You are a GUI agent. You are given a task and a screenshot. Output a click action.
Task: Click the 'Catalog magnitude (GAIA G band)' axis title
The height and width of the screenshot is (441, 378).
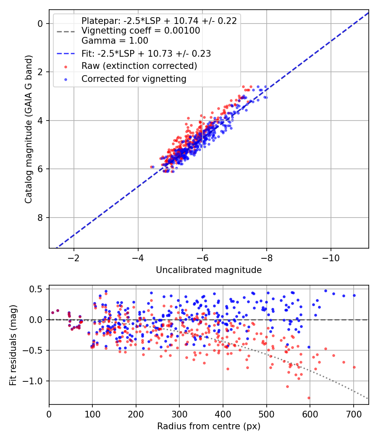click(29, 129)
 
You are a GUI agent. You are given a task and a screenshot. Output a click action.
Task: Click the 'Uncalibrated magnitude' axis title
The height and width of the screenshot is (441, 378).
click(209, 270)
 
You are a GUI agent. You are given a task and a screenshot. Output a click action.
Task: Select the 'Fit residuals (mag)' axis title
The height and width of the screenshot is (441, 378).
click(13, 345)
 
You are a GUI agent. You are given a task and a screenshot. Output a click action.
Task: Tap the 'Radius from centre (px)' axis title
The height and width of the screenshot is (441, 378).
click(209, 426)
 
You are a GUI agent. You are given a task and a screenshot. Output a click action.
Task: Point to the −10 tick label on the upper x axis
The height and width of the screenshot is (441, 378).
click(331, 258)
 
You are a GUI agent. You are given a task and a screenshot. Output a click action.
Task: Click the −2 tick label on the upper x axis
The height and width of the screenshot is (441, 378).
click(73, 258)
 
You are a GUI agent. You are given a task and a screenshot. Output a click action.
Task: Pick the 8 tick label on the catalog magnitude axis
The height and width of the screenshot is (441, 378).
click(40, 218)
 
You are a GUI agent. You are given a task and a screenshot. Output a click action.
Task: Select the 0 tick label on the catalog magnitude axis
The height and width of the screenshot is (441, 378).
click(40, 24)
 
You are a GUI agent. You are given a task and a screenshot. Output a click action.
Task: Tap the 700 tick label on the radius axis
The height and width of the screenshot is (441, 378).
click(353, 414)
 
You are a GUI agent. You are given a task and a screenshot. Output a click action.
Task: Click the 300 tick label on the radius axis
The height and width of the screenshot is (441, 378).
click(179, 414)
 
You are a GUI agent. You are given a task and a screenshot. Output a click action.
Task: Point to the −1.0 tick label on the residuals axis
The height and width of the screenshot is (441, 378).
click(33, 381)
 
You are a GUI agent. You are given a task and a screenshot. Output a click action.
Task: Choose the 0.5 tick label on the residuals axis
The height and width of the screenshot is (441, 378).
click(37, 289)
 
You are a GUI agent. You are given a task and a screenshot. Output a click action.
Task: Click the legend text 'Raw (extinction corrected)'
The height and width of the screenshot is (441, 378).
click(139, 66)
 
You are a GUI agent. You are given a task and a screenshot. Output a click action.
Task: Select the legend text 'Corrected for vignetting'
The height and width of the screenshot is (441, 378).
click(134, 79)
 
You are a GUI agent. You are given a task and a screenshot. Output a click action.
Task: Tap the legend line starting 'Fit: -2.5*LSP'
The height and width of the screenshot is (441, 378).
click(146, 53)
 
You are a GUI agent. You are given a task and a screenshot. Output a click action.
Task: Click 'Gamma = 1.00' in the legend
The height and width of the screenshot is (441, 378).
click(115, 41)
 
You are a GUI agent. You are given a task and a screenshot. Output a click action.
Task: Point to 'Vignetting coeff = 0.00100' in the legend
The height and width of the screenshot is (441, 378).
click(141, 31)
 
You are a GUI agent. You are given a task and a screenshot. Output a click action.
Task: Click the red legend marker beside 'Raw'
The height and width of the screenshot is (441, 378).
click(66, 67)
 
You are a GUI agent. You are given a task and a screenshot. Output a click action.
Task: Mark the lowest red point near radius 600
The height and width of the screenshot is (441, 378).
click(309, 398)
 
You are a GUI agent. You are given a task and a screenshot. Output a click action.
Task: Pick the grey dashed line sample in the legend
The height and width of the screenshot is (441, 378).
click(66, 31)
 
